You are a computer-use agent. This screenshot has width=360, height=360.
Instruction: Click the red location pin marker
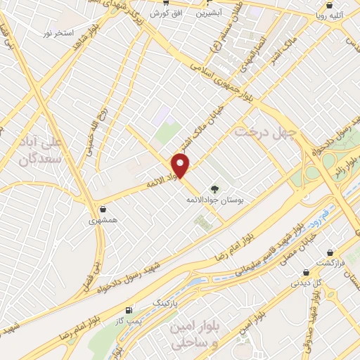point(181,166)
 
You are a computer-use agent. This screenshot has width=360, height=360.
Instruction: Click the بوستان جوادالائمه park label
point(214,201)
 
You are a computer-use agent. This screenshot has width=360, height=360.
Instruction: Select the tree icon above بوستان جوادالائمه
point(214,188)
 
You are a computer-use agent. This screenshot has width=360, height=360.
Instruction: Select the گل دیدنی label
point(306,283)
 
